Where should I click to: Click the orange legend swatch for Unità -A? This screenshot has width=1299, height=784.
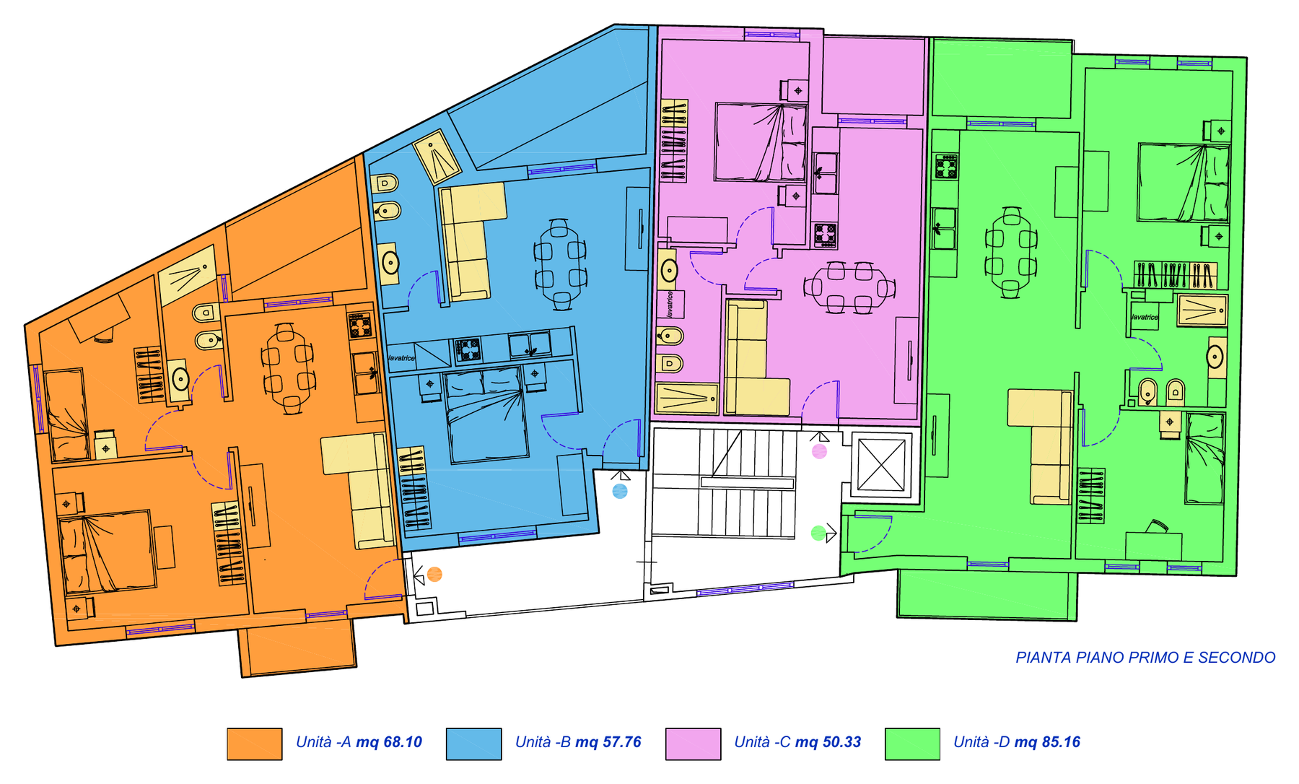(254, 744)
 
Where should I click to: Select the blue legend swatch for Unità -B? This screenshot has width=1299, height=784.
(473, 744)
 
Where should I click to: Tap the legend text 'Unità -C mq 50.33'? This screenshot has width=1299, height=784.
(797, 742)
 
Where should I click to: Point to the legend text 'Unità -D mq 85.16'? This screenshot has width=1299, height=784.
(1017, 742)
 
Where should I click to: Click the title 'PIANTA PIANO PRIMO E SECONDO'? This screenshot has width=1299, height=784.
(1145, 658)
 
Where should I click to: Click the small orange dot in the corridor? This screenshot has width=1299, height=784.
(434, 575)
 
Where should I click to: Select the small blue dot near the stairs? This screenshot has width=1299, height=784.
(620, 492)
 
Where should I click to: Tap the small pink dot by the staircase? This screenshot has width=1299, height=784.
(819, 452)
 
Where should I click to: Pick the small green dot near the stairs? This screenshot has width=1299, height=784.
(818, 533)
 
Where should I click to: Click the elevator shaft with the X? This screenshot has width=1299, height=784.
(881, 465)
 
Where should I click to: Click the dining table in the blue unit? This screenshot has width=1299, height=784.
(560, 264)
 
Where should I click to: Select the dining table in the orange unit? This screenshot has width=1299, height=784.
(287, 368)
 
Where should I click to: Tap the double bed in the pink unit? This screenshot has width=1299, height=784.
(761, 142)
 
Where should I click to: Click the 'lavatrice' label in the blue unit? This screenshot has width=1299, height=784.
(401, 358)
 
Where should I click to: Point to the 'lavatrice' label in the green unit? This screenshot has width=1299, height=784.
(1145, 317)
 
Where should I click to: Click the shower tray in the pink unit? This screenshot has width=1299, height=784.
(687, 398)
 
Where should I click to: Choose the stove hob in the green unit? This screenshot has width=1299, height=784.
(947, 167)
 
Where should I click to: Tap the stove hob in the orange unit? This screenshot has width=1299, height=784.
(360, 326)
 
